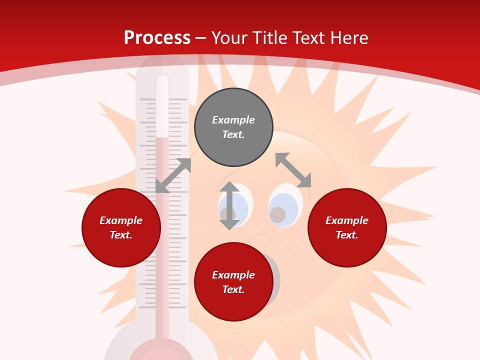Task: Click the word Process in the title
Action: [157, 38]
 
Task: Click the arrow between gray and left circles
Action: [173, 175]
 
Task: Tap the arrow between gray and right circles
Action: [293, 170]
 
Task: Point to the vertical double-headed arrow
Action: [229, 205]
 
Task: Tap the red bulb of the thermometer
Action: [161, 352]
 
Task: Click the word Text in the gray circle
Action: [233, 134]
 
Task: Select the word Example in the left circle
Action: [121, 220]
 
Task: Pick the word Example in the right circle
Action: [347, 220]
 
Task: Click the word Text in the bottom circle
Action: [233, 289]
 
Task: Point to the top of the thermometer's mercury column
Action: [162, 138]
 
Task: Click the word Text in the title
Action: [307, 38]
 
